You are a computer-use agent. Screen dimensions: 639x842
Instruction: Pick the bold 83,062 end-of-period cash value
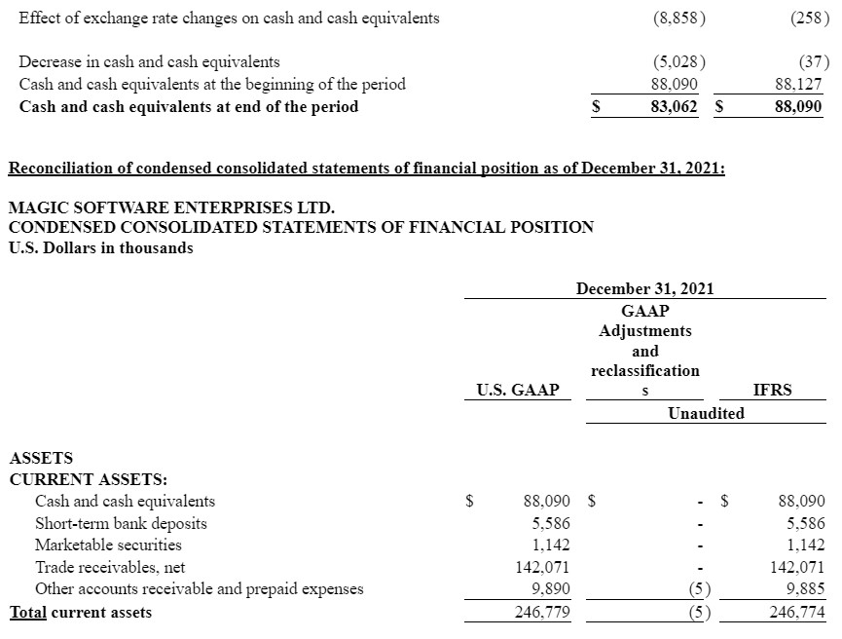coord(674,106)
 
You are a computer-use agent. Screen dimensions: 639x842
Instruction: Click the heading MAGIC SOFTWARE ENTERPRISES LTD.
coord(171,207)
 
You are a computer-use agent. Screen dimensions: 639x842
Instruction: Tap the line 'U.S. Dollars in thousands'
coord(100,247)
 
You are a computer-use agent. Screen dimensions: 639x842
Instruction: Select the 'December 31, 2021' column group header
coord(644,288)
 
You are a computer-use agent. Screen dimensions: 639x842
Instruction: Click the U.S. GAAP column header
coord(518,390)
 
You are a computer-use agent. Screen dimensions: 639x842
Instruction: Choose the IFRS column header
coord(773,390)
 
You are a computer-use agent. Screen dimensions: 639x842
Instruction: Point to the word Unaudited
coord(706,413)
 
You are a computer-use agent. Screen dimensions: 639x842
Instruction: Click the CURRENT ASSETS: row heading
coord(88,479)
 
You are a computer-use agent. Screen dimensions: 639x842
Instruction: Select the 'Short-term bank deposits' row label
coord(121,523)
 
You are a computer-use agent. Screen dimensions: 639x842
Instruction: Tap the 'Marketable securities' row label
coord(108,545)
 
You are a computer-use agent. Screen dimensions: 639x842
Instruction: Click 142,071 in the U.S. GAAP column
coord(542,567)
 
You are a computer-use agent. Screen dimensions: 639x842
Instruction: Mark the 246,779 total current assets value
coord(542,612)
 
